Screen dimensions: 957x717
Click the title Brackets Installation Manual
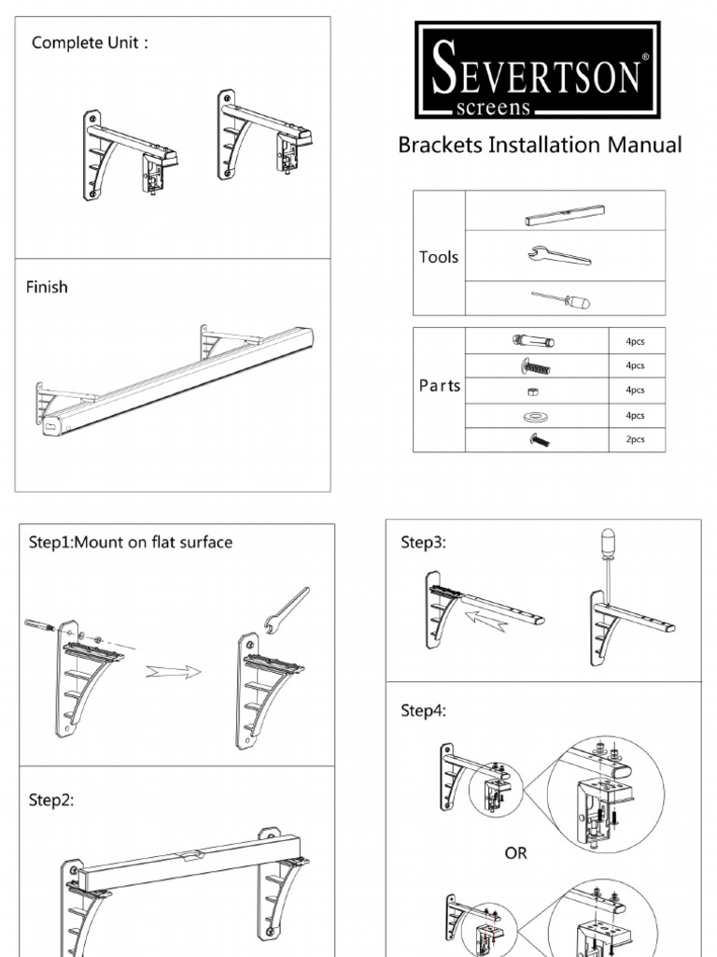540,145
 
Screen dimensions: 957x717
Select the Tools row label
439,257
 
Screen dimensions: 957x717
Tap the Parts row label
439,386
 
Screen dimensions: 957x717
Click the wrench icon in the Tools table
559,255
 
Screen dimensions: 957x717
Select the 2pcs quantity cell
635,439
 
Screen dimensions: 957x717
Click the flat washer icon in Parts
538,414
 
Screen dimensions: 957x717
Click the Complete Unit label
90,43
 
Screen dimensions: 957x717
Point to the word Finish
47,287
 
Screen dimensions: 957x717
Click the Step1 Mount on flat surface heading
131,542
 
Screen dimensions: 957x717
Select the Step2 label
50,800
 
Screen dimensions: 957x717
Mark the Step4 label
423,710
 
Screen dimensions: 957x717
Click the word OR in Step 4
516,853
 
